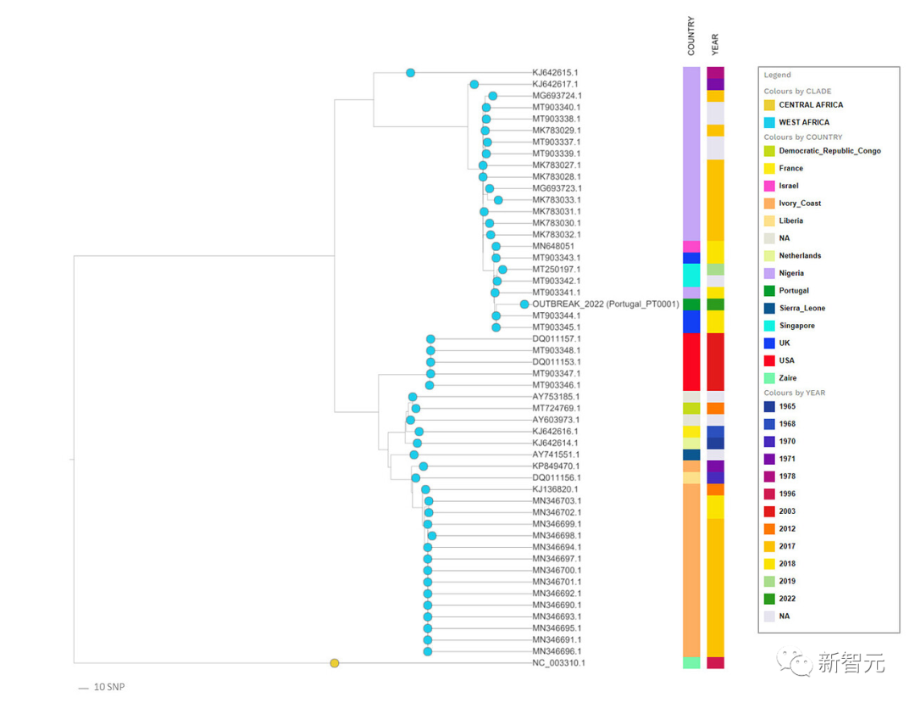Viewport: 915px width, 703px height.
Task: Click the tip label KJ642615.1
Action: point(555,73)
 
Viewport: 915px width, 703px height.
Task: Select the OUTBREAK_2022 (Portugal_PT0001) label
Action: point(605,304)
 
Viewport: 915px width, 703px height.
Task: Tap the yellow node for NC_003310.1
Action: point(335,663)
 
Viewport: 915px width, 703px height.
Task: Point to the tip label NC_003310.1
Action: point(558,663)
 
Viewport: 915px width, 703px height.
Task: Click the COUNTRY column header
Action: point(691,36)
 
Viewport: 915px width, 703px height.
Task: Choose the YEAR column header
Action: point(715,43)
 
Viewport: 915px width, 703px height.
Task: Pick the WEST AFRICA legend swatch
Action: point(769,122)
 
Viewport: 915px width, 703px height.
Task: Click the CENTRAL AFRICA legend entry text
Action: point(811,105)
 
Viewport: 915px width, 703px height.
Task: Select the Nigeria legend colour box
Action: point(769,273)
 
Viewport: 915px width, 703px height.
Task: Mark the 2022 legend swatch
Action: point(769,599)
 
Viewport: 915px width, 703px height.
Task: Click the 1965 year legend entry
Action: point(787,407)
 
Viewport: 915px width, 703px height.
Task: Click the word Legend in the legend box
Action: point(777,75)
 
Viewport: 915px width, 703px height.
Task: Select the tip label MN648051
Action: point(553,246)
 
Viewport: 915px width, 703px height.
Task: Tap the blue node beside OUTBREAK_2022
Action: point(524,304)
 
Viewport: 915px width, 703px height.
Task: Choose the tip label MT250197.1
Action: point(556,269)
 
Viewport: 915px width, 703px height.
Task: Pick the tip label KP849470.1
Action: point(556,466)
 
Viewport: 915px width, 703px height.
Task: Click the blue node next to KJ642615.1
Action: point(411,73)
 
